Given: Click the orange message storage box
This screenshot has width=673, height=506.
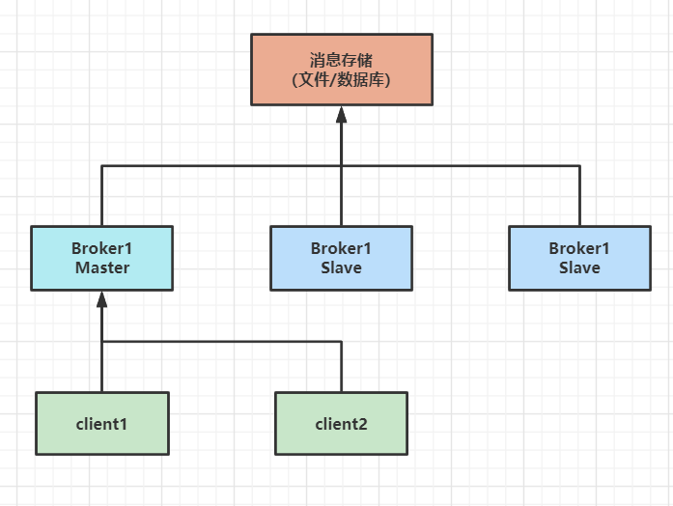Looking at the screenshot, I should click(x=341, y=70).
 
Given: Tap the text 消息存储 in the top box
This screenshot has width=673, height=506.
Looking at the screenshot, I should click(x=341, y=59).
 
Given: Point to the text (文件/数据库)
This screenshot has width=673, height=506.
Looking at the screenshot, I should click(x=341, y=80).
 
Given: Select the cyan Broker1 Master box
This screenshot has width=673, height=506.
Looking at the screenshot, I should click(x=101, y=258).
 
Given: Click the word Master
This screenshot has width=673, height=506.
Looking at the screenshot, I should click(x=101, y=268).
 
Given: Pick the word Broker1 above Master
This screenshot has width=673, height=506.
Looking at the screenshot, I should click(x=101, y=248).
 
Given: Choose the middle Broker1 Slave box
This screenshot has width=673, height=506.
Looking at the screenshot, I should click(x=341, y=258).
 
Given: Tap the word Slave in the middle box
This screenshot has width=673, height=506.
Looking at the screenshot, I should click(x=341, y=268).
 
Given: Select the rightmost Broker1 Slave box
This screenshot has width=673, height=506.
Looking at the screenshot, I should click(x=579, y=258).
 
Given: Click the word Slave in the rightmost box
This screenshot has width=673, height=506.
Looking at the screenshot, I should click(x=579, y=268).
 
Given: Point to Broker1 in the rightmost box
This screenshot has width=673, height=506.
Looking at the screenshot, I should click(x=579, y=248).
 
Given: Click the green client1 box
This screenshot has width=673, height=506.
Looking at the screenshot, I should click(x=101, y=423).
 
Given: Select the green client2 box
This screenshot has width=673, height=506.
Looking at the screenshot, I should click(x=341, y=423).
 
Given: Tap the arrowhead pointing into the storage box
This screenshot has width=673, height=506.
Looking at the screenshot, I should click(x=341, y=114).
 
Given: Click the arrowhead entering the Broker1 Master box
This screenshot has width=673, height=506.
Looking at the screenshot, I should click(x=101, y=299).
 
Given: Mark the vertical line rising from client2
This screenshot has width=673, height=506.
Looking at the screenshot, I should click(x=341, y=367).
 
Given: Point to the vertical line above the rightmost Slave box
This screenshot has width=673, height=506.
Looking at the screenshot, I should click(x=579, y=196).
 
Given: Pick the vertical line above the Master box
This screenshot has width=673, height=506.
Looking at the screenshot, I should click(x=101, y=196).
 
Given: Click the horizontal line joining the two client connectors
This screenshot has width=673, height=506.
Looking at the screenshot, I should click(x=222, y=341).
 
